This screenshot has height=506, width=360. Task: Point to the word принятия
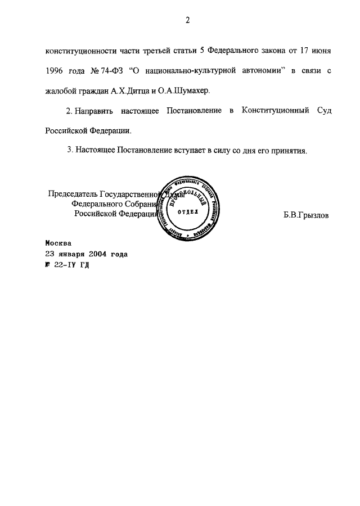(x=288, y=151)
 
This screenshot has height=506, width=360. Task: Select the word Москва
(x=58, y=244)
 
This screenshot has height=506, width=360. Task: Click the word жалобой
(x=60, y=90)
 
